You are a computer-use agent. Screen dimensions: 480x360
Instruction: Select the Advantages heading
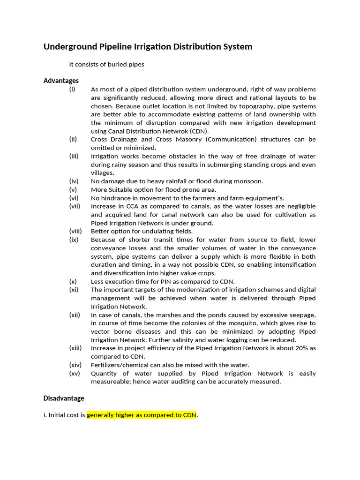point(61,81)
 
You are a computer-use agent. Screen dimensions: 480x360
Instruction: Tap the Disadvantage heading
point(64,398)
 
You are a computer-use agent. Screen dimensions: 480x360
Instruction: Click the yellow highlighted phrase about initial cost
point(142,415)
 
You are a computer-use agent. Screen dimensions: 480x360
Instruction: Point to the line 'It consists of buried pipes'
point(106,64)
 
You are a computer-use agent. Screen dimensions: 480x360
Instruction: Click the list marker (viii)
point(75,231)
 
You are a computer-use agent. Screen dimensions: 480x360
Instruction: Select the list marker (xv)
point(75,374)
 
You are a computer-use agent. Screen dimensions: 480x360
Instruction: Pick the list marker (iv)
point(74,181)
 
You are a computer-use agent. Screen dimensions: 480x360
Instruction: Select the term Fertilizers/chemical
point(120,365)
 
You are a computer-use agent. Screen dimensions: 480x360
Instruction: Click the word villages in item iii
point(103,173)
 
